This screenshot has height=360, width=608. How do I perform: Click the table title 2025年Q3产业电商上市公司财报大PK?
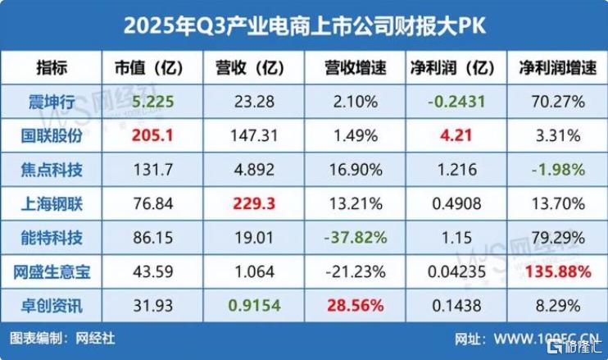304,25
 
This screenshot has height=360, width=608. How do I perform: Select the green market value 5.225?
150,103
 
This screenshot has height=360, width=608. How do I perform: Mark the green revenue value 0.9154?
248,307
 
